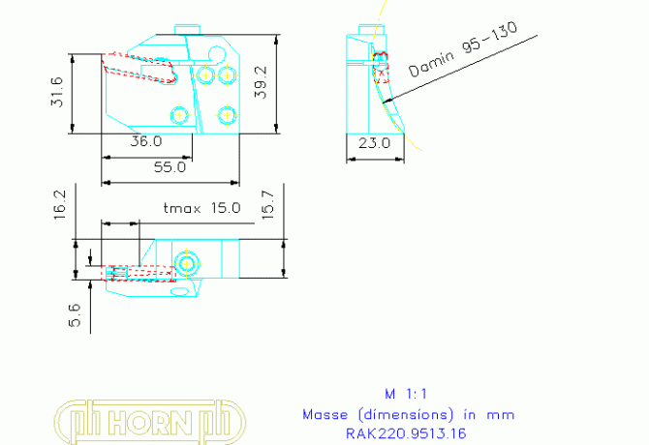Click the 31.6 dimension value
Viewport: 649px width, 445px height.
pos(57,92)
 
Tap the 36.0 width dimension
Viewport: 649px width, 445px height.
pos(146,141)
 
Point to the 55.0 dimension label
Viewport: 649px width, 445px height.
pos(169,166)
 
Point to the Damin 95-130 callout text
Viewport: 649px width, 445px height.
pos(463,52)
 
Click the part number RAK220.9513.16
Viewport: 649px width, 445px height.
pos(406,433)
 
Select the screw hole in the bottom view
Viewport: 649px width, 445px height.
pos(188,262)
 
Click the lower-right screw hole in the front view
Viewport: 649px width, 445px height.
pos(227,114)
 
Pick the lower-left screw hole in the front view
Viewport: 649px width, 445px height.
pos(179,114)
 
